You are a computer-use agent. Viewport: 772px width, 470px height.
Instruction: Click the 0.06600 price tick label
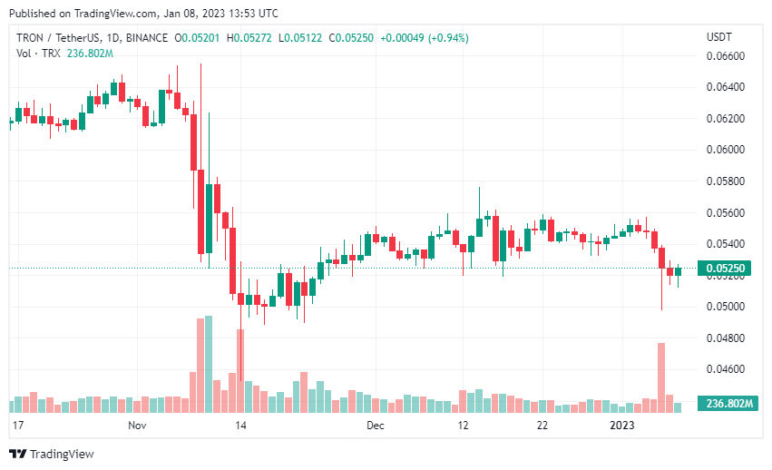point(725,56)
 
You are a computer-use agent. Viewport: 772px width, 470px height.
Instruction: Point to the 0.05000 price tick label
point(725,307)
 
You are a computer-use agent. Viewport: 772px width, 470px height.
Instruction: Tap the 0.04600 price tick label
point(725,369)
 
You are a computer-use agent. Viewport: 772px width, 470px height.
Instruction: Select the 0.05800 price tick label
point(725,181)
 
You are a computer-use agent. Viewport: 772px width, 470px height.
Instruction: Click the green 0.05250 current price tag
point(727,269)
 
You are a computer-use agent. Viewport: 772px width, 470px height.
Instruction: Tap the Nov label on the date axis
point(137,425)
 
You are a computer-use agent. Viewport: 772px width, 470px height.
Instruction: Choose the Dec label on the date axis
point(375,425)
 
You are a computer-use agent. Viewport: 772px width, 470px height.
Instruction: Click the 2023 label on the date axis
point(621,425)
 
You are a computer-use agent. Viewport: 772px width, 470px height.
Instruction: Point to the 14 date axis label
point(240,425)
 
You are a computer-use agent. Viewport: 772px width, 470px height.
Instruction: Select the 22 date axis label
point(541,425)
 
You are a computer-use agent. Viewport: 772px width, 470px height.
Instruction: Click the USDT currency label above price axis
point(719,37)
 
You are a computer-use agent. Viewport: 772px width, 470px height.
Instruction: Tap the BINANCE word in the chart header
point(146,38)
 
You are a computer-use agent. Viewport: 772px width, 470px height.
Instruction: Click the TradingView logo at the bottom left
point(52,454)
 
